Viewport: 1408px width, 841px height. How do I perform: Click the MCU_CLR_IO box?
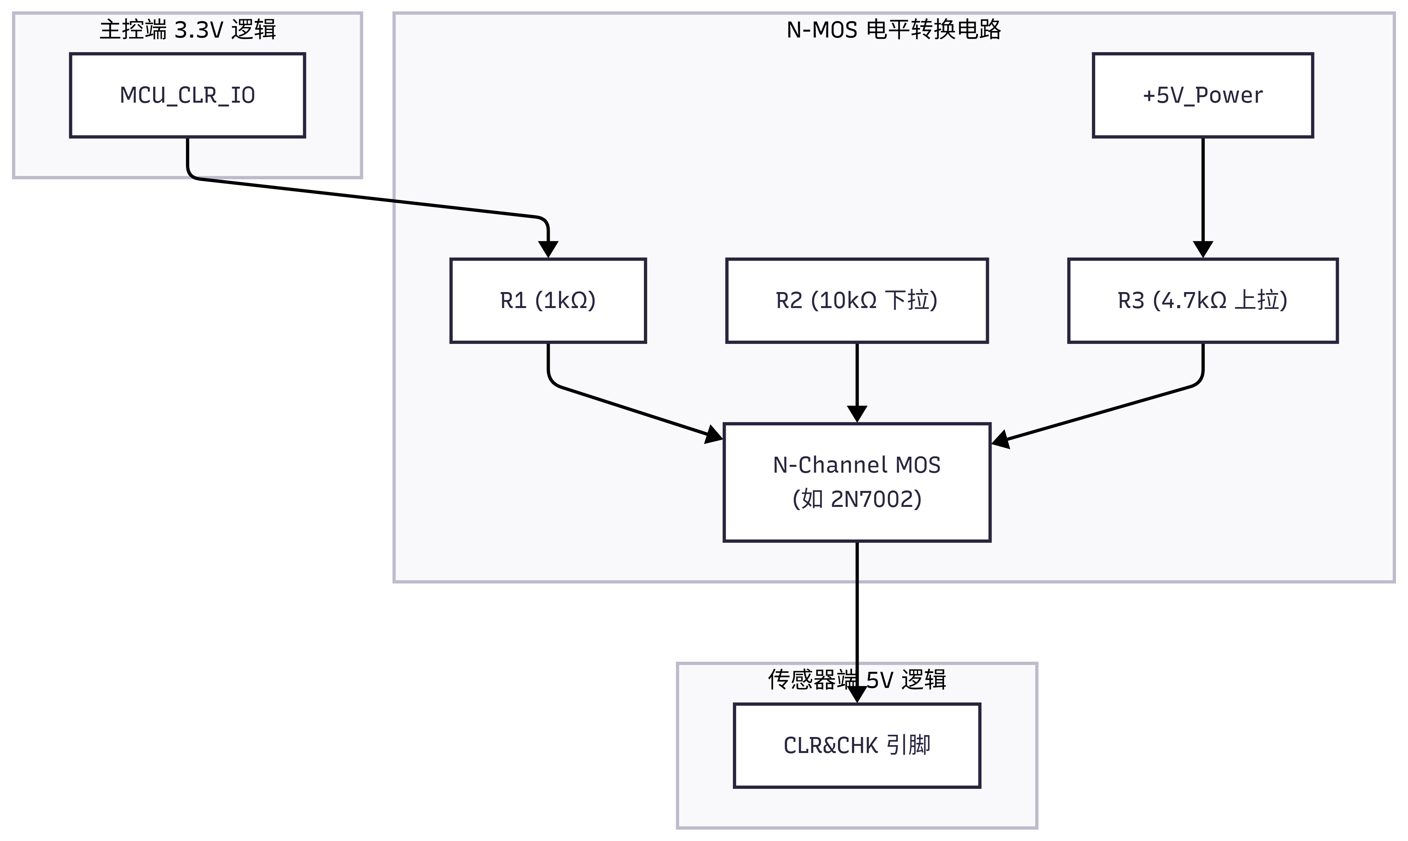187,95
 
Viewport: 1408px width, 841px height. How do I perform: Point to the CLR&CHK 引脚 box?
857,745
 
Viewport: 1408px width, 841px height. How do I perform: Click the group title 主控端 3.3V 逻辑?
187,29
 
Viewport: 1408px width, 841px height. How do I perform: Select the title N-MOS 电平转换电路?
894,29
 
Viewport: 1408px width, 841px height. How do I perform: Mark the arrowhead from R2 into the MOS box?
857,414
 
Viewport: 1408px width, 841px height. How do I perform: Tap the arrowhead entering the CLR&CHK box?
857,695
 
